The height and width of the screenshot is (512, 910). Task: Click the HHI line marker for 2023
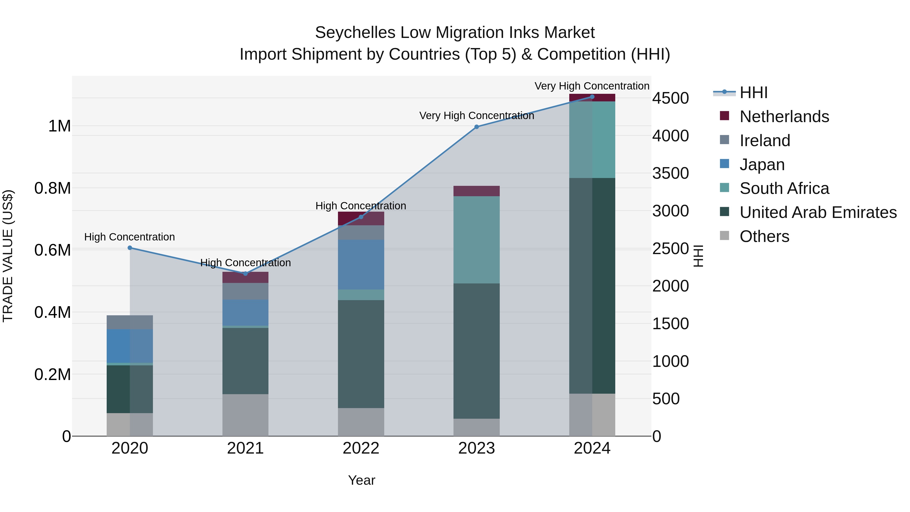pyautogui.click(x=476, y=127)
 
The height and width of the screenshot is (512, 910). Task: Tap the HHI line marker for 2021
pyautogui.click(x=245, y=274)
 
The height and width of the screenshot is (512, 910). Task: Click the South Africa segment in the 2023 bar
pyautogui.click(x=476, y=240)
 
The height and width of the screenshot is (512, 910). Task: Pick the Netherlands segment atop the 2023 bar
pyautogui.click(x=476, y=191)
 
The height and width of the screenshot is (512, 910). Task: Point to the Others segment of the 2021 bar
pyautogui.click(x=245, y=415)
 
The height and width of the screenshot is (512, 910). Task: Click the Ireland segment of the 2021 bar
pyautogui.click(x=245, y=291)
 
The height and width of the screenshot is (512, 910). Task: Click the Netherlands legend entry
pyautogui.click(x=784, y=117)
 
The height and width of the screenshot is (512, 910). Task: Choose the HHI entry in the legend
pyautogui.click(x=754, y=93)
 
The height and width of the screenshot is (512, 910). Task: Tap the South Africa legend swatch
pyautogui.click(x=724, y=188)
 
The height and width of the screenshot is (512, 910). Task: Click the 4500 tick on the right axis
pyautogui.click(x=670, y=98)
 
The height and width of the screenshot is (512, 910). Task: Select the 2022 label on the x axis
pyautogui.click(x=361, y=448)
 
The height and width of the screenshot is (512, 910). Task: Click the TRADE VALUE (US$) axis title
pyautogui.click(x=8, y=256)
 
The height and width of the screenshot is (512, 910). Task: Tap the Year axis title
pyautogui.click(x=361, y=480)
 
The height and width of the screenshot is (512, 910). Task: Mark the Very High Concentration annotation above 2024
pyautogui.click(x=592, y=86)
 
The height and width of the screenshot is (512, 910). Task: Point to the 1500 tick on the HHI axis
pyautogui.click(x=670, y=324)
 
